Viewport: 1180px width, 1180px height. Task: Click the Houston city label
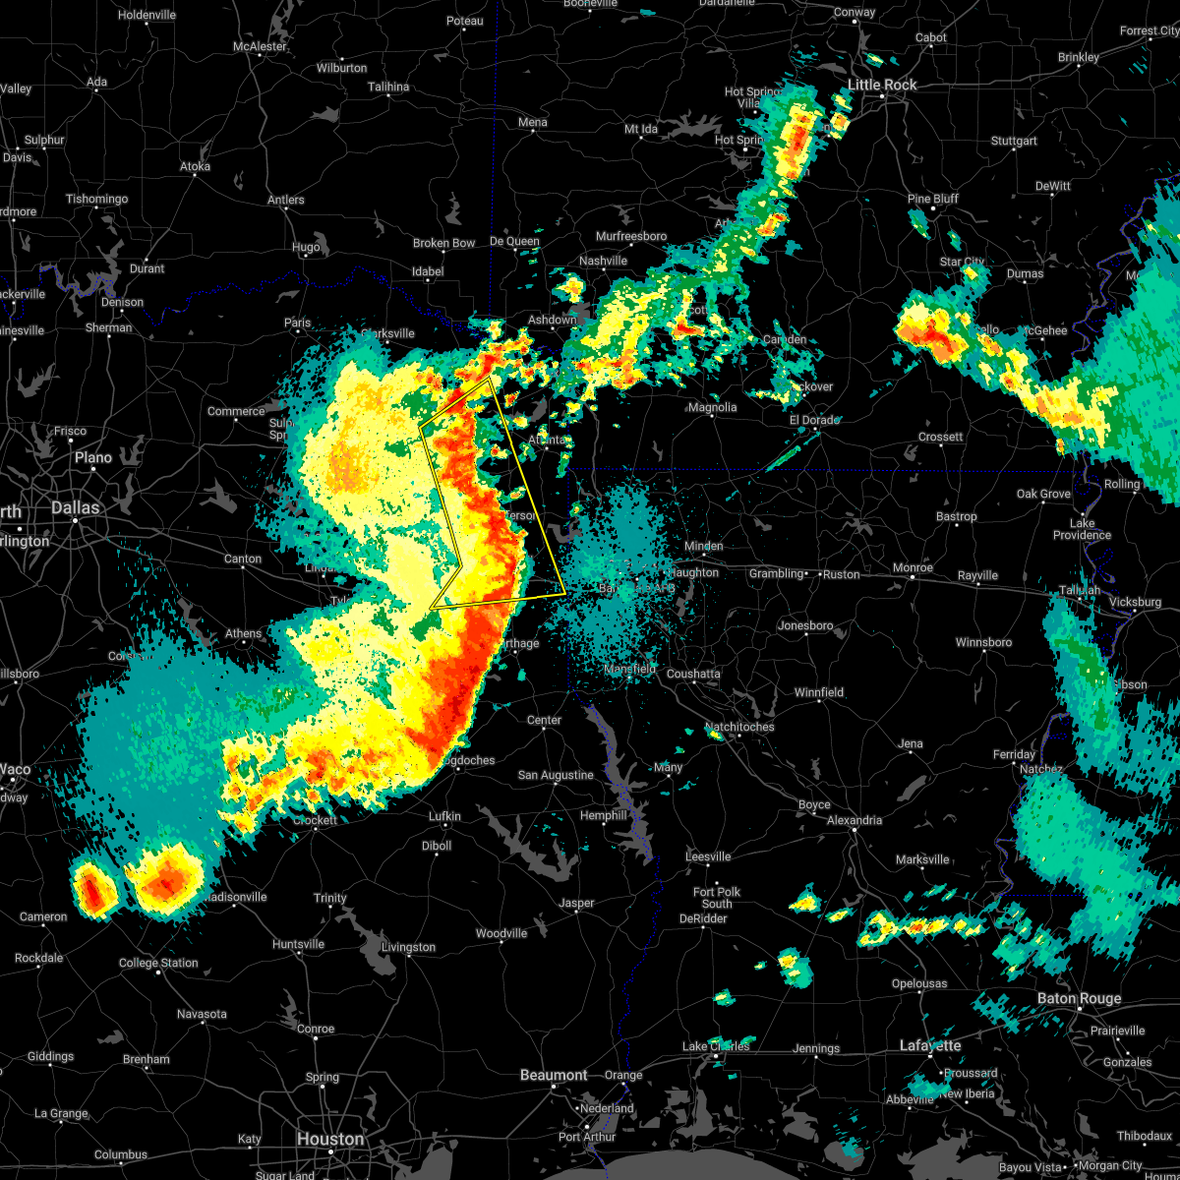coord(330,1139)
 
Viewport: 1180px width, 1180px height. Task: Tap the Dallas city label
coord(76,507)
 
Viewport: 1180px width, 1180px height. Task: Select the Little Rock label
coord(882,86)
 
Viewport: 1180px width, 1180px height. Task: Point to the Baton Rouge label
coord(1079,999)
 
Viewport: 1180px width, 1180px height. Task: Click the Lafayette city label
coord(930,1046)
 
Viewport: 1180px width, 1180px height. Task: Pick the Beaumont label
coord(554,1075)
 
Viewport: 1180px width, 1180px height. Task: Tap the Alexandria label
coord(855,820)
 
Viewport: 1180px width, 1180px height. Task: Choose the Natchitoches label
coord(739,727)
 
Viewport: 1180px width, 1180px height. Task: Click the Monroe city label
coord(913,568)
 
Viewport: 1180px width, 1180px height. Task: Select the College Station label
coord(158,963)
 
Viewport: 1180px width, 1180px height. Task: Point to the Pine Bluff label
coord(932,199)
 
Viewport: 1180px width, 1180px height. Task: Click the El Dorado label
coord(814,420)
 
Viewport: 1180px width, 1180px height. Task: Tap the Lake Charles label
coord(716,1046)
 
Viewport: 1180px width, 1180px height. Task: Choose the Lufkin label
coord(444,816)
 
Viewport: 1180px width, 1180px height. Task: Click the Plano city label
coord(93,457)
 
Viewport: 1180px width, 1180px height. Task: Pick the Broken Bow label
coord(443,243)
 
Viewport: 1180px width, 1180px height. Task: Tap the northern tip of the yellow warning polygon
coord(489,378)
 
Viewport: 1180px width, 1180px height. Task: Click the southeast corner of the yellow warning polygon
coord(564,594)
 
